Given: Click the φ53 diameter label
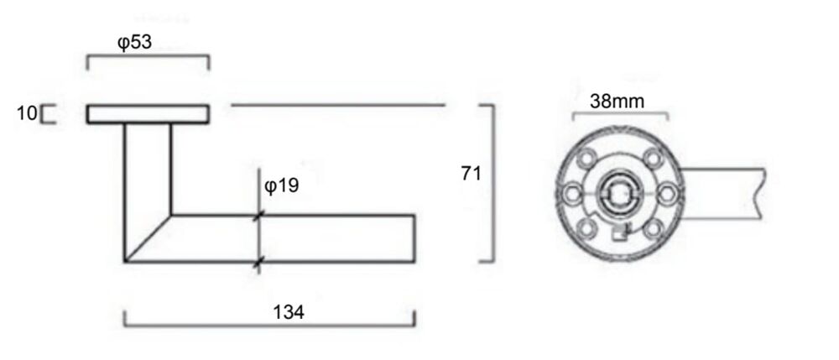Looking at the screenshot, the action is pyautogui.click(x=134, y=42).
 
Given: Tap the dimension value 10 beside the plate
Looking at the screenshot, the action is pyautogui.click(x=27, y=113).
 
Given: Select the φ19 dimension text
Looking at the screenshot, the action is pyautogui.click(x=281, y=185).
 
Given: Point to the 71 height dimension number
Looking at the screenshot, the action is pyautogui.click(x=471, y=174).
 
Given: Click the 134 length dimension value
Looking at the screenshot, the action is pyautogui.click(x=289, y=312).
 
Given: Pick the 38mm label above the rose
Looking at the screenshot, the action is pyautogui.click(x=617, y=101).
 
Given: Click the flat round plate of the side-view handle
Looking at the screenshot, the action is pyautogui.click(x=148, y=114).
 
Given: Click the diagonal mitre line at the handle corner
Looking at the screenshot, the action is pyautogui.click(x=149, y=238).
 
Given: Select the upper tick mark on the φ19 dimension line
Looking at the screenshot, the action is pyautogui.click(x=259, y=217).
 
